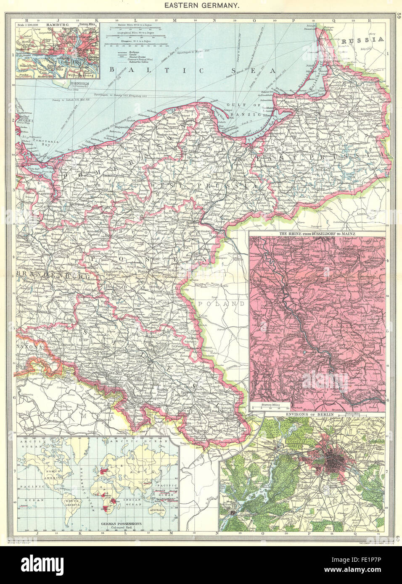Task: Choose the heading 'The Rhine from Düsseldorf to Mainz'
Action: click(x=318, y=234)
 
